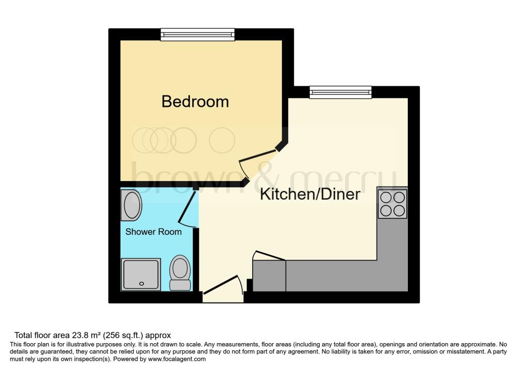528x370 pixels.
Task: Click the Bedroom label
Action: pyautogui.click(x=195, y=102)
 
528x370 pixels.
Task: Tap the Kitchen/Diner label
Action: pyautogui.click(x=310, y=195)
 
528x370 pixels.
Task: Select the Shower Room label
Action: pyautogui.click(x=154, y=232)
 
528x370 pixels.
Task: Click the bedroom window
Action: pyautogui.click(x=197, y=35)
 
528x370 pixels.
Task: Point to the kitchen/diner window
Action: pyautogui.click(x=340, y=92)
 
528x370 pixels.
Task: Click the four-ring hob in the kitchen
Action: pyautogui.click(x=392, y=204)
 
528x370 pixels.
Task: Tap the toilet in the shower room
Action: pyautogui.click(x=180, y=272)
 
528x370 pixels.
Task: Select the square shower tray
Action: pyautogui.click(x=141, y=275)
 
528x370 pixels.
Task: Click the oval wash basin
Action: pyautogui.click(x=131, y=205)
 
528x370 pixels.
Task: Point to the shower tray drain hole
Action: pyautogui.click(x=141, y=284)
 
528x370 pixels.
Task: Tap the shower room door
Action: pyautogui.click(x=187, y=210)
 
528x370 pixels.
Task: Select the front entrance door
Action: pyautogui.click(x=223, y=288)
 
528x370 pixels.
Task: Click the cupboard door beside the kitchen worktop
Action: pyautogui.click(x=269, y=256)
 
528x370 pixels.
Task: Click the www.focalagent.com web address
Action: pyautogui.click(x=177, y=359)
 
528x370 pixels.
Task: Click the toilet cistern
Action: pyautogui.click(x=180, y=285)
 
